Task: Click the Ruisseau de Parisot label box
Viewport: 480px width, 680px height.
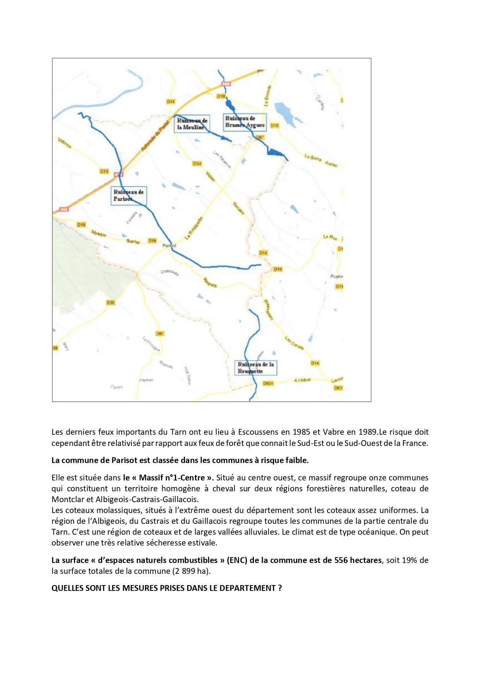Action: pyautogui.click(x=129, y=195)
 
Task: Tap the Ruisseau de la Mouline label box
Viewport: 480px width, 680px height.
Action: pyautogui.click(x=192, y=124)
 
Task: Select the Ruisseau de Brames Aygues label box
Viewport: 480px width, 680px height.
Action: pyautogui.click(x=245, y=122)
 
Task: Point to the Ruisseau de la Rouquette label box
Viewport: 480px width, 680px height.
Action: pyautogui.click(x=256, y=368)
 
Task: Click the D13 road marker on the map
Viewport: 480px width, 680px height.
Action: pyautogui.click(x=104, y=171)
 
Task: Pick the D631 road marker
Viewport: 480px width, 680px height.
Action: pyautogui.click(x=268, y=383)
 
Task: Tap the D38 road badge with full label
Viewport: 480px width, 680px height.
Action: pyautogui.click(x=111, y=303)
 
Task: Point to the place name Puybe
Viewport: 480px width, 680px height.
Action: pyautogui.click(x=336, y=276)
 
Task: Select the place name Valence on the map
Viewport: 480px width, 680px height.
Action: pyautogui.click(x=65, y=143)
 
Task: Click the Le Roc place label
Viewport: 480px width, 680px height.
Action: pyautogui.click(x=330, y=237)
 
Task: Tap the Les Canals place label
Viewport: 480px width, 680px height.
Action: pyautogui.click(x=294, y=343)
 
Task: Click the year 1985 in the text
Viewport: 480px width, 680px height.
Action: pyautogui.click(x=301, y=432)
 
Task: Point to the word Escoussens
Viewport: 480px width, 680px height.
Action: pyautogui.click(x=257, y=432)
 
